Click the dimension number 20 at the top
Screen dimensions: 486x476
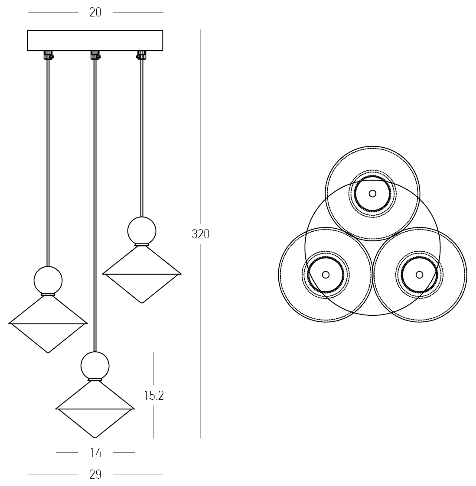[95, 13]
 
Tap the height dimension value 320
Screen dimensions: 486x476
[201, 234]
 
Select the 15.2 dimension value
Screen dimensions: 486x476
[154, 395]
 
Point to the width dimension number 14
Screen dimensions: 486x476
[95, 453]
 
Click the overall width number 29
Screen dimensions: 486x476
[95, 474]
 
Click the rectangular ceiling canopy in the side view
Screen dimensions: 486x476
[95, 41]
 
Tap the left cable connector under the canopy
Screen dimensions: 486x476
[48, 55]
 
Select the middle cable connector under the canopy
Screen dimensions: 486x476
[95, 55]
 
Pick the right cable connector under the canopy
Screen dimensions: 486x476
[141, 55]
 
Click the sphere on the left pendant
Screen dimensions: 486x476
[48, 280]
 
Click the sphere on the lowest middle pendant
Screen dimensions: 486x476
[95, 365]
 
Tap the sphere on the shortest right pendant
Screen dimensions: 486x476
[141, 230]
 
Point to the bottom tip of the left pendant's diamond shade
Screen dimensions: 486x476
[48, 351]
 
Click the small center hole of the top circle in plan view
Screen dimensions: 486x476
[372, 193]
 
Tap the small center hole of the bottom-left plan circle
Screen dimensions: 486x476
[326, 275]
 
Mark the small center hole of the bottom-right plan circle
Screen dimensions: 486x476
[419, 275]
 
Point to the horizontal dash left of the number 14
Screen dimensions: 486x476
[67, 453]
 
